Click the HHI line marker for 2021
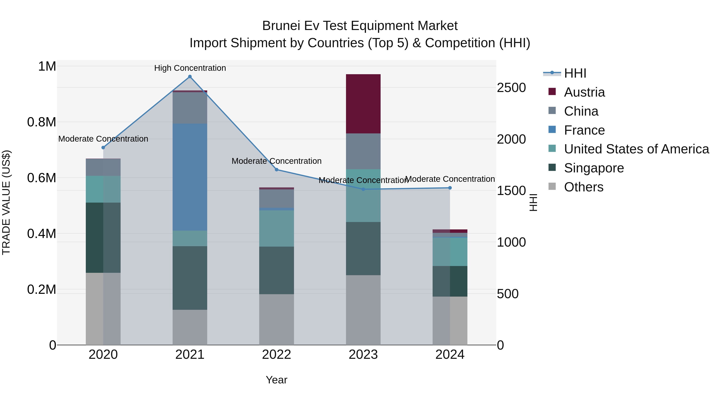(190, 77)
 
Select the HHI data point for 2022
(276, 169)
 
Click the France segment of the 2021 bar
(190, 177)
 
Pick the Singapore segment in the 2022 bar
(276, 270)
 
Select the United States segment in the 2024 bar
(450, 252)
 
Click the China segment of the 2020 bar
(103, 167)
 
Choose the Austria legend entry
(584, 92)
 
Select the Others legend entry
(583, 187)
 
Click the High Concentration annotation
(190, 68)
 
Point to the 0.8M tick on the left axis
(42, 122)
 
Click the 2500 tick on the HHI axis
(511, 88)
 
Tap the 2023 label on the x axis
(363, 355)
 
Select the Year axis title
(276, 380)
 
